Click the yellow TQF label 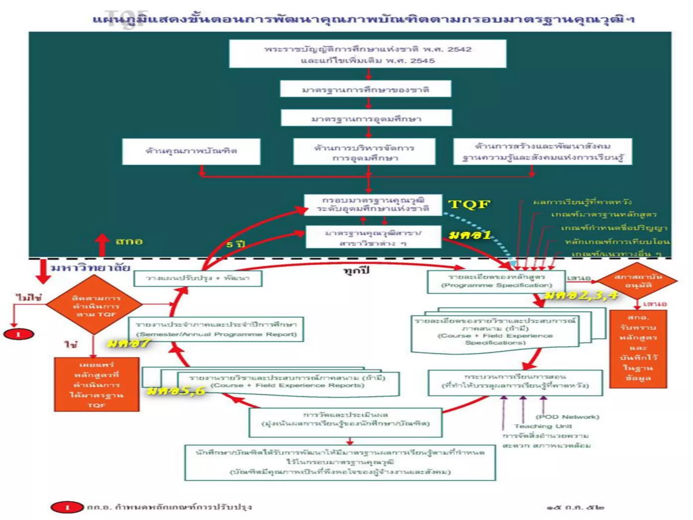point(469,204)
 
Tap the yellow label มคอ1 point(470,235)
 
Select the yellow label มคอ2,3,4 point(581,296)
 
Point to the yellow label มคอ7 point(128,343)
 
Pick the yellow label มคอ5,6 point(176,391)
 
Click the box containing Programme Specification point(496,281)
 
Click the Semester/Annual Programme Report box point(216,329)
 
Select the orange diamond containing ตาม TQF point(94,305)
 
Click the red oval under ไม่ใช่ point(19,334)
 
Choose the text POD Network point(567,417)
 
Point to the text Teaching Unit point(543,426)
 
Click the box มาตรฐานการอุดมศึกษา point(366,118)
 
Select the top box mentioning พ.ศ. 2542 point(367,54)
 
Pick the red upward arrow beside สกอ point(102,244)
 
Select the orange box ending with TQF point(96,385)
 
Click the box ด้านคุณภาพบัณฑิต point(191,151)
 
